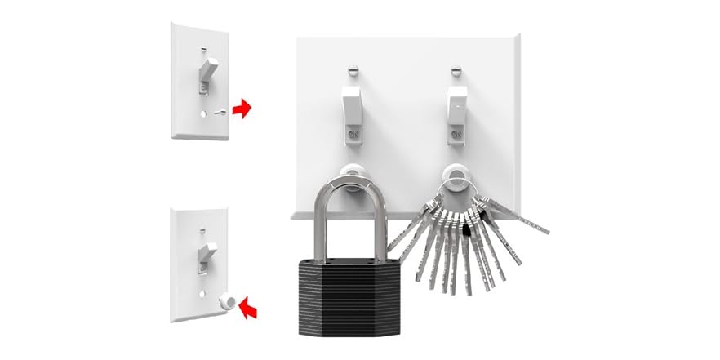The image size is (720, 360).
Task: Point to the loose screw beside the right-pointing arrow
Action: (219, 113)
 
